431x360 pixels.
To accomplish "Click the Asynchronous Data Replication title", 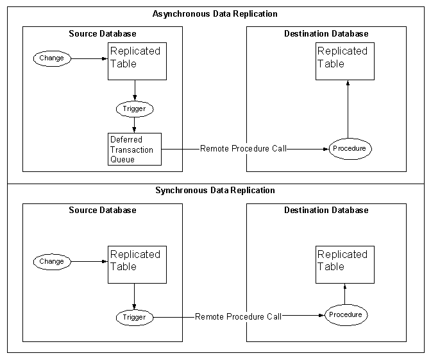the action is tap(215, 14).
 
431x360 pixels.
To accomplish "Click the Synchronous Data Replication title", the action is tap(215, 191).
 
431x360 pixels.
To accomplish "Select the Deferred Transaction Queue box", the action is tap(135, 150).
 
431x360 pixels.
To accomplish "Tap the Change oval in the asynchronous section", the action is tap(52, 58).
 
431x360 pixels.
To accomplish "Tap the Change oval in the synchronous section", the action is tap(52, 262).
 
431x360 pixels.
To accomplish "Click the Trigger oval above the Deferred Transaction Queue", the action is tap(135, 109).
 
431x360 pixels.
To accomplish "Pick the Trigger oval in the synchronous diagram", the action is tap(135, 318).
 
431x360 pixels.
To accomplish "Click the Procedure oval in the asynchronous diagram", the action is tap(350, 149).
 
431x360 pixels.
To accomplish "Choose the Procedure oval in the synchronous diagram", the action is tap(346, 315).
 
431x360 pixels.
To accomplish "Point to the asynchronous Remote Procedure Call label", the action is tap(243, 149).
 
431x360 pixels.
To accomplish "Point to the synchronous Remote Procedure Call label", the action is tap(239, 317).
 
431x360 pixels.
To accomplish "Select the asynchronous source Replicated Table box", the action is tap(137, 62).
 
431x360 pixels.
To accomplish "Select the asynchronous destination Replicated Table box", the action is tap(345, 62).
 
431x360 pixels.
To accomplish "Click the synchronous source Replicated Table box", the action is tap(137, 264).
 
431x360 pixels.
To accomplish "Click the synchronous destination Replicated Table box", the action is tap(345, 264).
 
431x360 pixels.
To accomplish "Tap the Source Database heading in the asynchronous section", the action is tap(103, 34).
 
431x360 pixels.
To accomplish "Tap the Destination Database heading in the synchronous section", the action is tap(326, 210).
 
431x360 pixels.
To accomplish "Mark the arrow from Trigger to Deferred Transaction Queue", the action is tap(135, 125).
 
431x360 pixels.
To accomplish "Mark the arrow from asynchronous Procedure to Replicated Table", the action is tap(348, 110).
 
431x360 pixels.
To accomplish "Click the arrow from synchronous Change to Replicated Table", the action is tap(89, 262).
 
